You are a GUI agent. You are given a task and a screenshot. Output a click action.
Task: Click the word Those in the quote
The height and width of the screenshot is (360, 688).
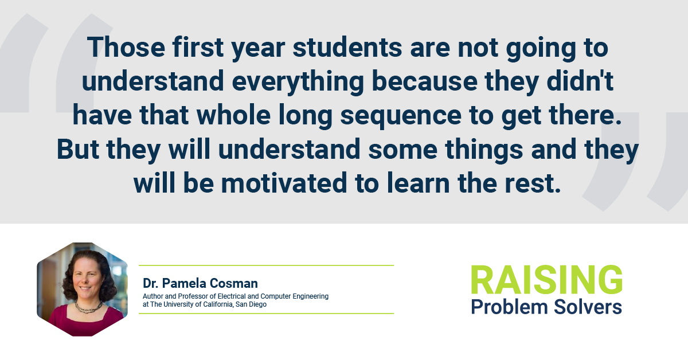click(126, 47)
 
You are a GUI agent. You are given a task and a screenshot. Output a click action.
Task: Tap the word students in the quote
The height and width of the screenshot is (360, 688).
click(347, 47)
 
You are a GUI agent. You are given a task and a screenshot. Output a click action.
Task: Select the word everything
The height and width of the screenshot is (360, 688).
click(298, 81)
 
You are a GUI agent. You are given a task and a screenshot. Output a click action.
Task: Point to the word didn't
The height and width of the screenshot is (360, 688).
click(580, 81)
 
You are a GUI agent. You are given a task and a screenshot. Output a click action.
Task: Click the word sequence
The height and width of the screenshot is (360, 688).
click(401, 115)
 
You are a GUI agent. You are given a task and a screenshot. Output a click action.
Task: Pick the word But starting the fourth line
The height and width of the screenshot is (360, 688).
click(78, 149)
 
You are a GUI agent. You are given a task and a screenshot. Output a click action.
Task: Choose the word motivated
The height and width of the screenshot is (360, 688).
click(284, 183)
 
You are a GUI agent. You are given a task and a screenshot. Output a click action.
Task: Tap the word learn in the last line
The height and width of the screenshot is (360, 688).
click(418, 183)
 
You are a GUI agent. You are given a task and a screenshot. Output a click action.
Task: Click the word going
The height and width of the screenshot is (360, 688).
click(541, 48)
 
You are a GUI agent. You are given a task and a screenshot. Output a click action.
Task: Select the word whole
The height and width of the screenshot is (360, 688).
click(233, 115)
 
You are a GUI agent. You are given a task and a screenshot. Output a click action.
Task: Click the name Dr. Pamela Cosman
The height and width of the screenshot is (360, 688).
click(200, 283)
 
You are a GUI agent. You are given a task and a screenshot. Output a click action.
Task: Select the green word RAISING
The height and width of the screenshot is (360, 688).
click(547, 280)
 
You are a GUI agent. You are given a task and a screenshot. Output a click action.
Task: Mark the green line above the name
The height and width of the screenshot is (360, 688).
click(266, 265)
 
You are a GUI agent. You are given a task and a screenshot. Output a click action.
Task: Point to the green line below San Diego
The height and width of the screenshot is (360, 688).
click(266, 314)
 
